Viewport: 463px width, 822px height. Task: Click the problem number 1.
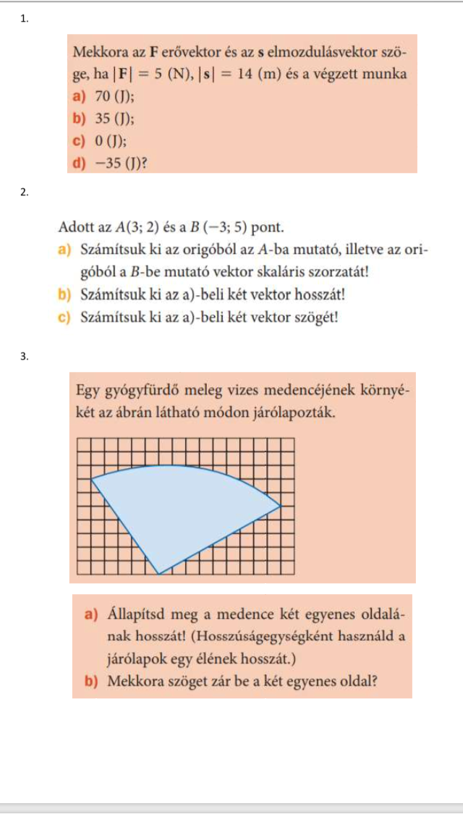coord(25,20)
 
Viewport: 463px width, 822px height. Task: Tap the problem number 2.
coord(25,192)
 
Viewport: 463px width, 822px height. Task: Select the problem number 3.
coord(25,356)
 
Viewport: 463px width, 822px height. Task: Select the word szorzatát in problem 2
coord(328,273)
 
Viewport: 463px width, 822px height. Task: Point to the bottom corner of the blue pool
coord(158,574)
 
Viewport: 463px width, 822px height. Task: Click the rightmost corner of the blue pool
coord(280,504)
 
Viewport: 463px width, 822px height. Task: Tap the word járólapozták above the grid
coord(297,414)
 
